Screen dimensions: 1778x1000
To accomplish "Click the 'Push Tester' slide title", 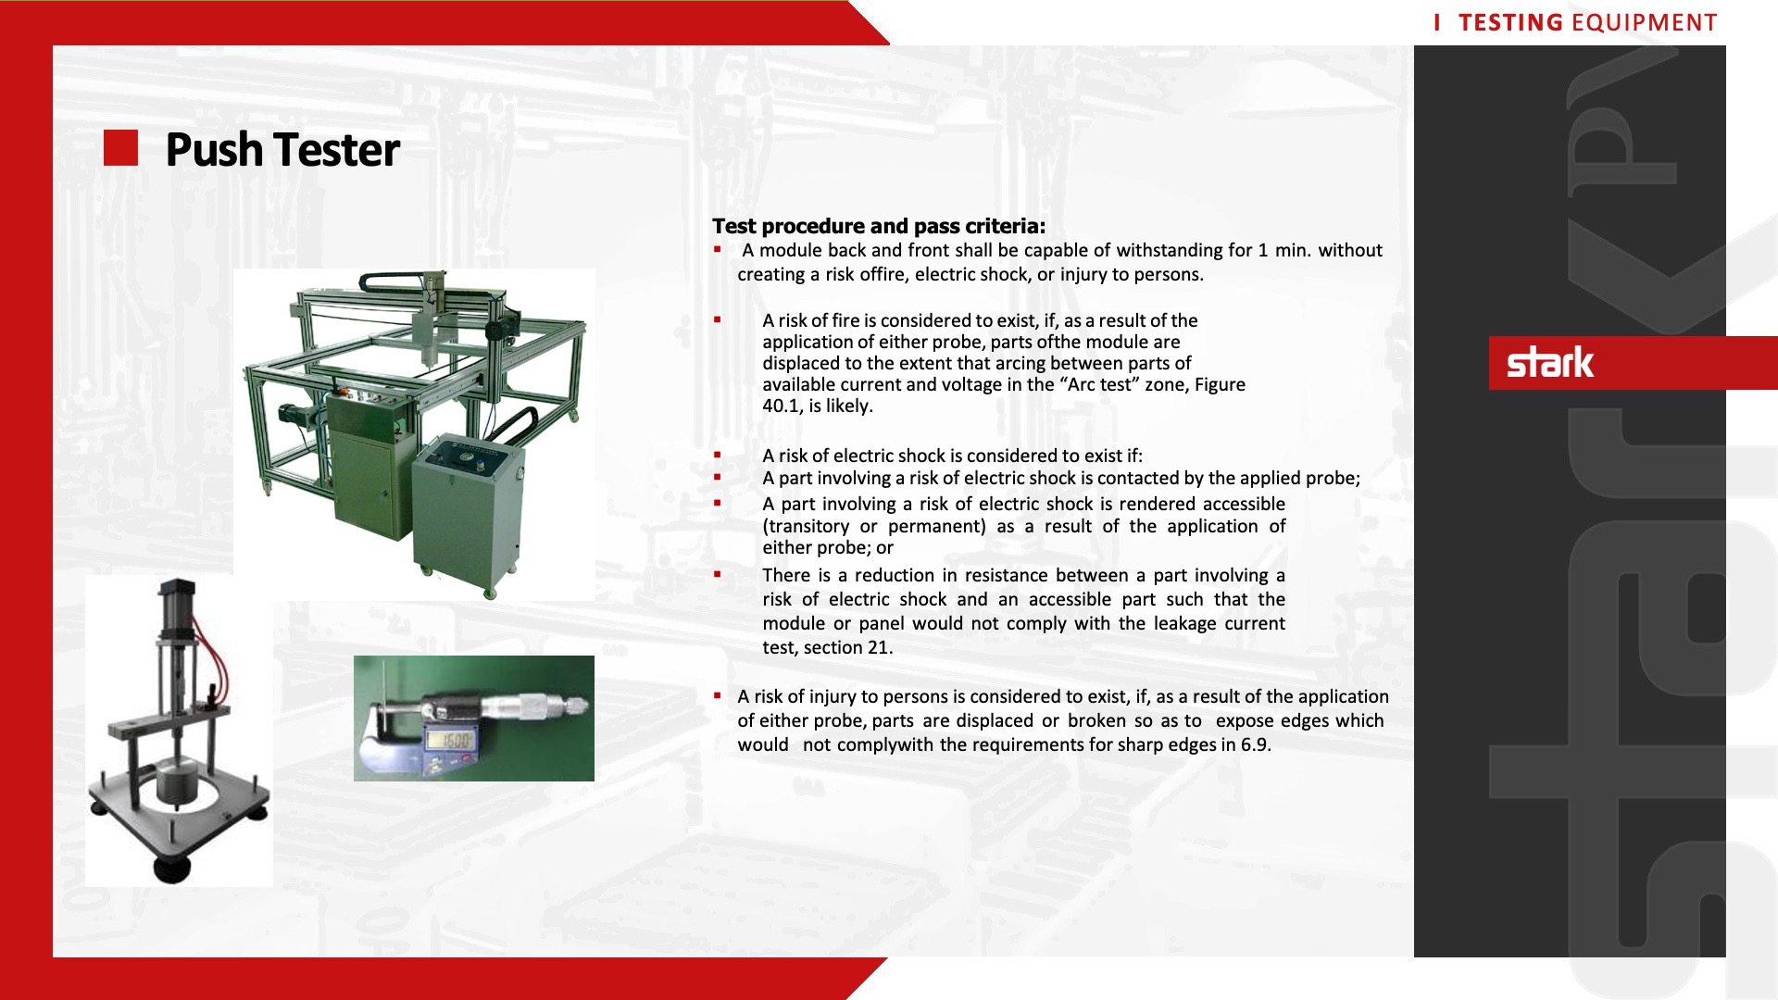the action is coord(282,149).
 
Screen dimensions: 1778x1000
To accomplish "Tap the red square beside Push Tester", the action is coord(120,148).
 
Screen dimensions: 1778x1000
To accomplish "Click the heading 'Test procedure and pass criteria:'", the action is coord(879,226).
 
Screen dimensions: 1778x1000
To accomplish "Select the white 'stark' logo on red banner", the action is coord(1550,362).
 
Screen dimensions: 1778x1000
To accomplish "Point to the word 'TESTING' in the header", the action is coord(1510,22).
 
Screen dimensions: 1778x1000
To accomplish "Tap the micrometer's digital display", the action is coord(451,741).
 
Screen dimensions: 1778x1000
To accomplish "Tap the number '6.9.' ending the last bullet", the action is coord(1256,745).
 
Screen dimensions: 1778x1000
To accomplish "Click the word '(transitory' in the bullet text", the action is coord(806,527).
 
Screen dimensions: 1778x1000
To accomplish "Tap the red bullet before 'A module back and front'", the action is coord(718,250).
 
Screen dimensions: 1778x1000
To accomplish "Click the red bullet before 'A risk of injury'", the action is coord(718,695).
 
